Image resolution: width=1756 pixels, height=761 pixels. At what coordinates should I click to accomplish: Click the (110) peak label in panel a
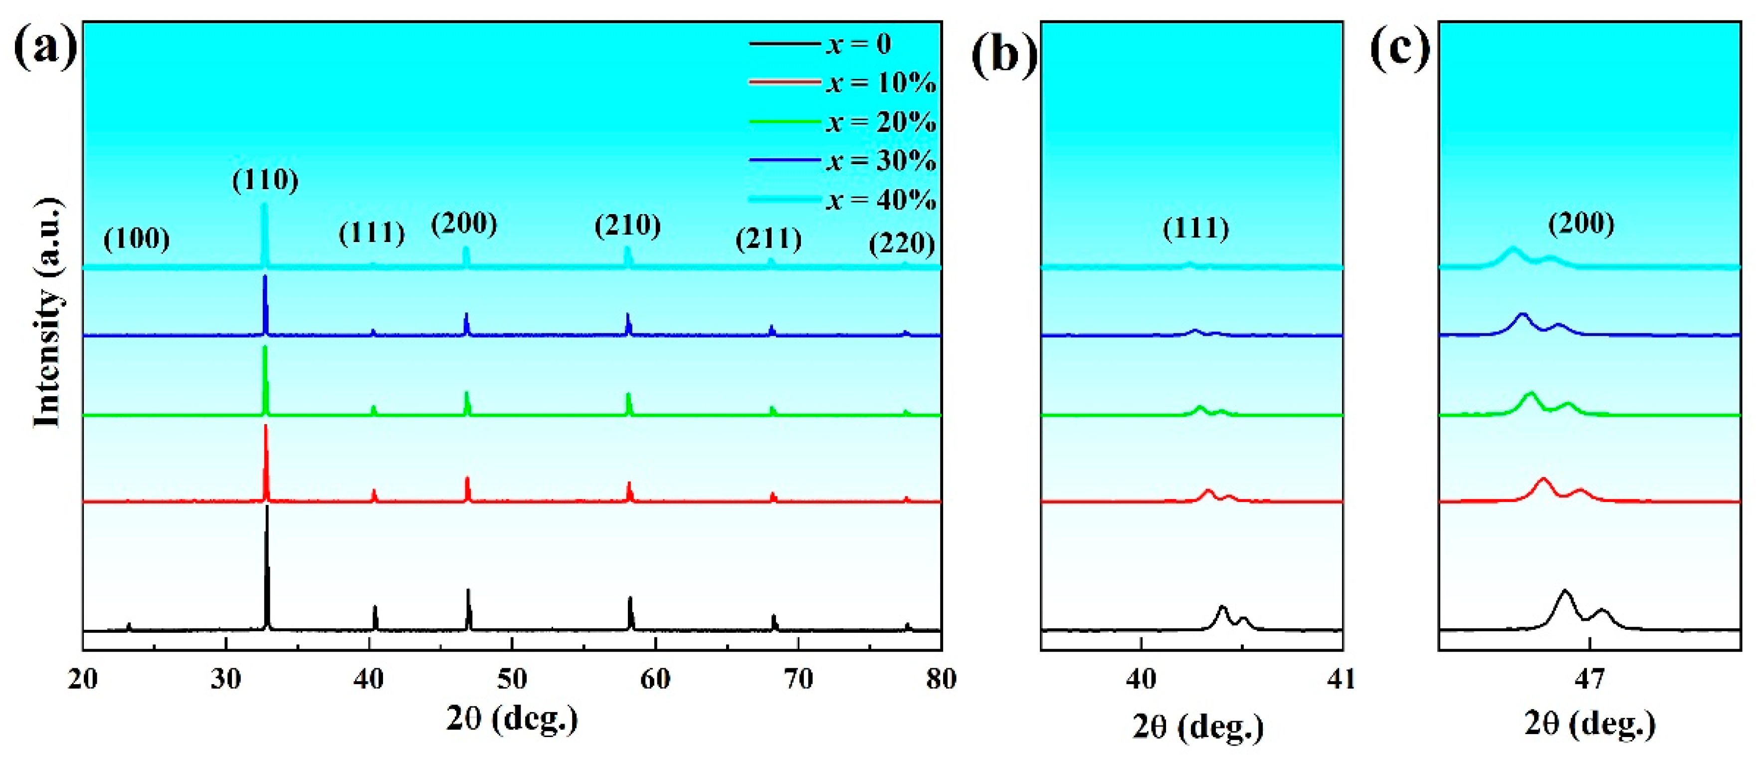(x=265, y=180)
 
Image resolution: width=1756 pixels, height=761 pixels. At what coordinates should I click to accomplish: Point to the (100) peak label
(x=136, y=239)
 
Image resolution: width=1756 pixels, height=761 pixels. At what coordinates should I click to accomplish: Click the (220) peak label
(x=901, y=244)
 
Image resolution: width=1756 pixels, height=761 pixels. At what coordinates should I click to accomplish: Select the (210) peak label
(x=627, y=225)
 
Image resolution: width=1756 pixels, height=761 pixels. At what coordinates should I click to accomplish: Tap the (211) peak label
(x=768, y=239)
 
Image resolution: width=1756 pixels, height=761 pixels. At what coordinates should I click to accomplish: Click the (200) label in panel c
(x=1581, y=224)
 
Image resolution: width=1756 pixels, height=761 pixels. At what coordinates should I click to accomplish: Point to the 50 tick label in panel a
(x=512, y=679)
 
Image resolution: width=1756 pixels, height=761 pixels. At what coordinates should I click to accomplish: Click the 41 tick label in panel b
(x=1342, y=679)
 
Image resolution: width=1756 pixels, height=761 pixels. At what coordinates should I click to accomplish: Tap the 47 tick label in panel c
(x=1589, y=679)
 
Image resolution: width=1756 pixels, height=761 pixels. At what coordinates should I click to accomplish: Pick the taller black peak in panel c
(x=1564, y=591)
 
